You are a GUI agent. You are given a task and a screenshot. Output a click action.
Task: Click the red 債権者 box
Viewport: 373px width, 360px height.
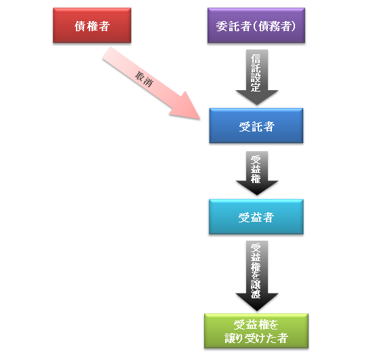pos(92,25)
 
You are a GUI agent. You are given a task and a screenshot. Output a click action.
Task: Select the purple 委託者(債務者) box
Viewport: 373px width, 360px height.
pos(256,25)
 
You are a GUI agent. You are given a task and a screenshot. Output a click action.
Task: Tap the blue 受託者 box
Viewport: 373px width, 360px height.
pos(256,125)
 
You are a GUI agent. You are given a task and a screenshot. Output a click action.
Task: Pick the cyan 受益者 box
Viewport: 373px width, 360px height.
pos(256,217)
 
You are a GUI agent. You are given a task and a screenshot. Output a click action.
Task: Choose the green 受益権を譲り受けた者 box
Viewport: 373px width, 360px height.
pos(256,331)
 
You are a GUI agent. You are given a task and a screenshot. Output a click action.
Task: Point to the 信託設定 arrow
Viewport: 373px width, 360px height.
pos(257,77)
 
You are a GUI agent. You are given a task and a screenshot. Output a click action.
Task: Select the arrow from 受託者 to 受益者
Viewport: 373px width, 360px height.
pos(257,173)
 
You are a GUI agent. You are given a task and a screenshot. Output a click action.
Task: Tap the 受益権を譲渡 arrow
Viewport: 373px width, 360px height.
pos(257,276)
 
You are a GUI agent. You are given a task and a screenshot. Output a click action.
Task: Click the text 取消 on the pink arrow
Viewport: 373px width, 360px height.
pos(144,79)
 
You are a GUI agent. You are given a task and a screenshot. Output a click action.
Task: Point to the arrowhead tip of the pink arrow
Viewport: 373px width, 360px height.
pos(200,119)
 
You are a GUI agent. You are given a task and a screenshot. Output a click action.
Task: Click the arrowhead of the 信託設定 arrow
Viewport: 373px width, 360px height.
pos(257,98)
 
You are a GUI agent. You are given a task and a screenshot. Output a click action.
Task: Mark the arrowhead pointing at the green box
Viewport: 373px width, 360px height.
pos(257,302)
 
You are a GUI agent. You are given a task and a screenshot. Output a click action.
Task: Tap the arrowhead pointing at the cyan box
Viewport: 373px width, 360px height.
pos(257,188)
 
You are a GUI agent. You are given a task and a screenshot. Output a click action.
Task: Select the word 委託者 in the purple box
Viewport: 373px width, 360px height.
pos(233,26)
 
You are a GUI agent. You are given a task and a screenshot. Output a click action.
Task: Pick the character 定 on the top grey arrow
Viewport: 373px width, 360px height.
pos(256,87)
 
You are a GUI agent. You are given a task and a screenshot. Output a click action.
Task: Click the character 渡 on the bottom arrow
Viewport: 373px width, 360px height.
pos(256,294)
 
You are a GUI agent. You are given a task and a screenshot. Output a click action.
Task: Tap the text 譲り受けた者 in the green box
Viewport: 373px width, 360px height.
pos(256,338)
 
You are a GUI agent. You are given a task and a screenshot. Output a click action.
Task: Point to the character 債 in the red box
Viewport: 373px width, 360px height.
pos(80,26)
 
